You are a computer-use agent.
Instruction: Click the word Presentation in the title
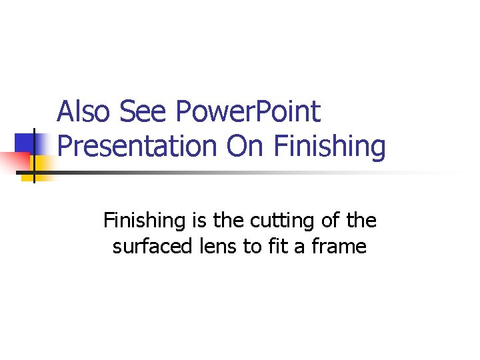(139, 146)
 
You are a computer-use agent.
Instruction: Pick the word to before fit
(251, 247)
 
